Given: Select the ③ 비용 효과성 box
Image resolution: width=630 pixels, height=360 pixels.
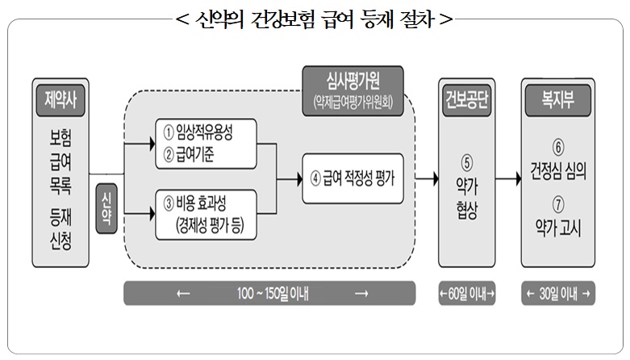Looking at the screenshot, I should (x=206, y=214).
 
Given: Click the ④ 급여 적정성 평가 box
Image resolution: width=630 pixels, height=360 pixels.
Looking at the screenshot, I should (x=353, y=176).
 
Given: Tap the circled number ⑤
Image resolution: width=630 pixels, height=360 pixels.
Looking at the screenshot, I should (x=466, y=159).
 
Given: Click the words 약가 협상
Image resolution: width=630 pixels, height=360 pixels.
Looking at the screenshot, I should (x=466, y=198).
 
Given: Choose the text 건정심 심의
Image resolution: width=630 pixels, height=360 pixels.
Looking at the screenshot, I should (x=557, y=173).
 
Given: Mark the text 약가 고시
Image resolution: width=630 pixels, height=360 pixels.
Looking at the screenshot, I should (x=557, y=228).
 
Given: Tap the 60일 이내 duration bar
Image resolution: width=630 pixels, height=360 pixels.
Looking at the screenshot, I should (x=466, y=292).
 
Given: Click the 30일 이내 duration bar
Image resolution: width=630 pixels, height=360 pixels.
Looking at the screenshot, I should (x=557, y=292).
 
